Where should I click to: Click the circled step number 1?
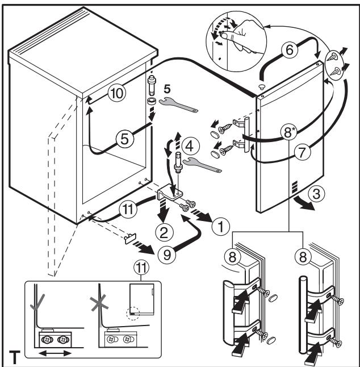point(221,227)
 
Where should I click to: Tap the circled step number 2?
point(165,233)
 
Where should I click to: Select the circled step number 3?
point(316,194)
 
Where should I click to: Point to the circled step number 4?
point(191,146)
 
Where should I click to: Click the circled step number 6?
point(290,50)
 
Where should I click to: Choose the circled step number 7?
point(302,152)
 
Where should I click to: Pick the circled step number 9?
point(167,255)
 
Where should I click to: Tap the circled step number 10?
point(117,93)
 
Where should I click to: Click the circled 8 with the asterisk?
point(289,132)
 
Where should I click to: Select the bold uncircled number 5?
point(167,89)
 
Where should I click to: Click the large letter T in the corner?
point(14,357)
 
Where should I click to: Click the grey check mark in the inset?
point(37,302)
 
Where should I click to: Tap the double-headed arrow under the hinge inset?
point(55,353)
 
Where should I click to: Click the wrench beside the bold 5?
point(178,105)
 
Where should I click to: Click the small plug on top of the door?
point(262,86)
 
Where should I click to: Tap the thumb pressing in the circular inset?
point(227,35)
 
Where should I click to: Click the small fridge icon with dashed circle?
point(141,299)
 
